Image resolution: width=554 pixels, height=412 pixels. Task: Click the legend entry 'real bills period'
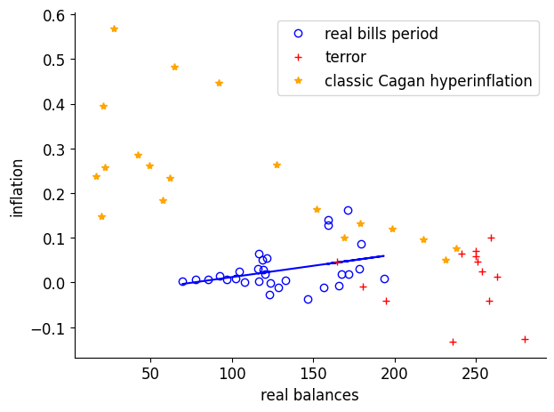381,34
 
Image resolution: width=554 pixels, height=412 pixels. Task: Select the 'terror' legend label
345,57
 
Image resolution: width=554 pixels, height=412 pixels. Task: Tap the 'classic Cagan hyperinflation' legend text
428,81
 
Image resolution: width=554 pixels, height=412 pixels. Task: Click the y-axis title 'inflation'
17,188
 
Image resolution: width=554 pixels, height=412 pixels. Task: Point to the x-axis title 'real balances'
309,394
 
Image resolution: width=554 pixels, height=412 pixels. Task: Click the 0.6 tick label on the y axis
52,15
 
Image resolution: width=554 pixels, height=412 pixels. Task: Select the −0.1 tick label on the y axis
47,327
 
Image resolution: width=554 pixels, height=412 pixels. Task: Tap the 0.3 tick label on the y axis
52,149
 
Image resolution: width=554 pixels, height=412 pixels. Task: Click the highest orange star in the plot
114,28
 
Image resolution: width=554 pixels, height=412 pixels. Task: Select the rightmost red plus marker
525,339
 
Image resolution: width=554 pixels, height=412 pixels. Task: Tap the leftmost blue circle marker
182,281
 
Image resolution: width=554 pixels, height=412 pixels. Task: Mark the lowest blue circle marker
308,299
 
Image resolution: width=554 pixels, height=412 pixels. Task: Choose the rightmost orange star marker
456,249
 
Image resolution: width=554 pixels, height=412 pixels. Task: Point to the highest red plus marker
491,238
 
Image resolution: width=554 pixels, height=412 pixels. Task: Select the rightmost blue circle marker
384,279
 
